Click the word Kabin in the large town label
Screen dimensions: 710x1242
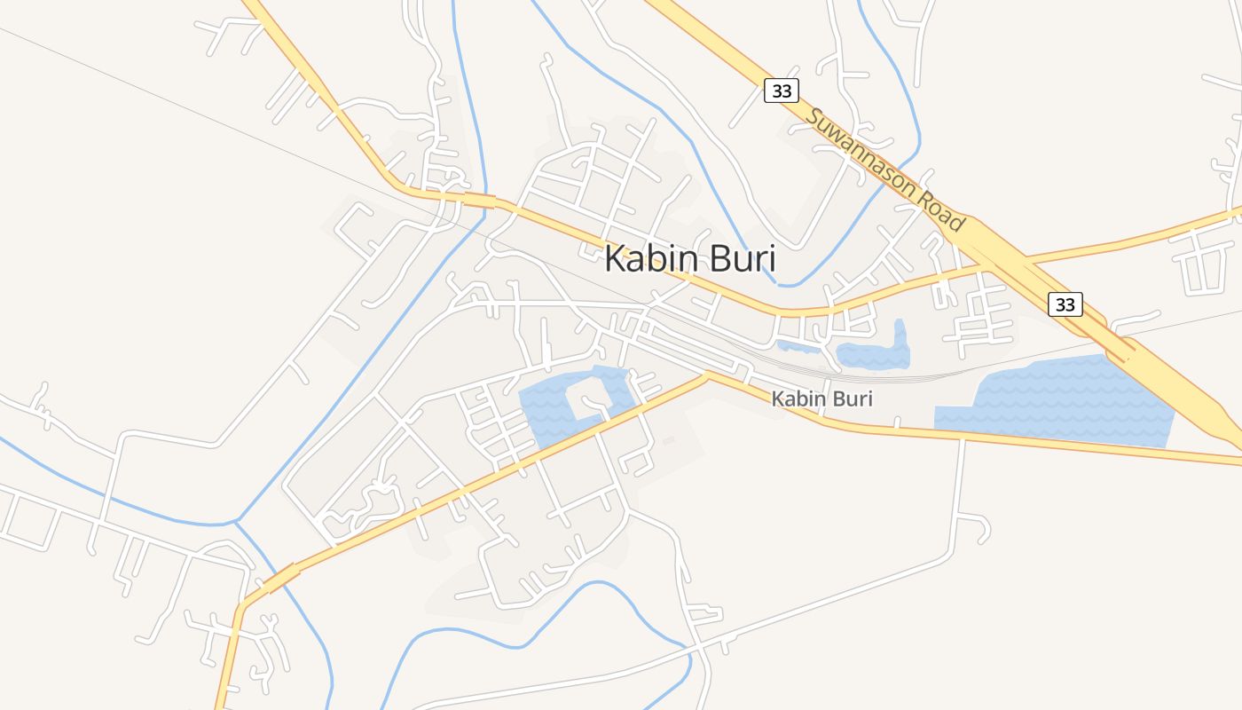pyautogui.click(x=644, y=259)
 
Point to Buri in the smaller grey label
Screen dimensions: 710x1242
pyautogui.click(x=851, y=399)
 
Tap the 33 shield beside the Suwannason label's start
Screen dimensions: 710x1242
pyautogui.click(x=781, y=91)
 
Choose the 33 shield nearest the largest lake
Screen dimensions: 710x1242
pyautogui.click(x=1065, y=304)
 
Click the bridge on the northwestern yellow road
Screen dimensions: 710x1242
pyautogui.click(x=479, y=201)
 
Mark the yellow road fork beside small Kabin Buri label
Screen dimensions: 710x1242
pyautogui.click(x=707, y=376)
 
